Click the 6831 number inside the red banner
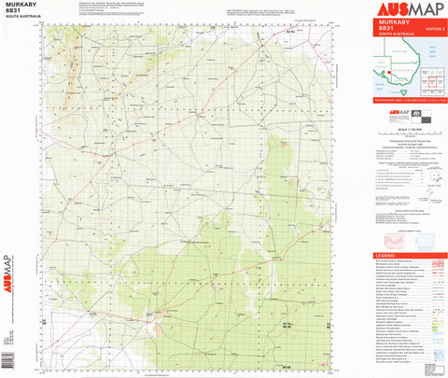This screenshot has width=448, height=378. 385,29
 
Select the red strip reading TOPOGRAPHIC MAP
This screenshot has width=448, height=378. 409,102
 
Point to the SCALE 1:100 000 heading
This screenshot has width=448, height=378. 409,129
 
